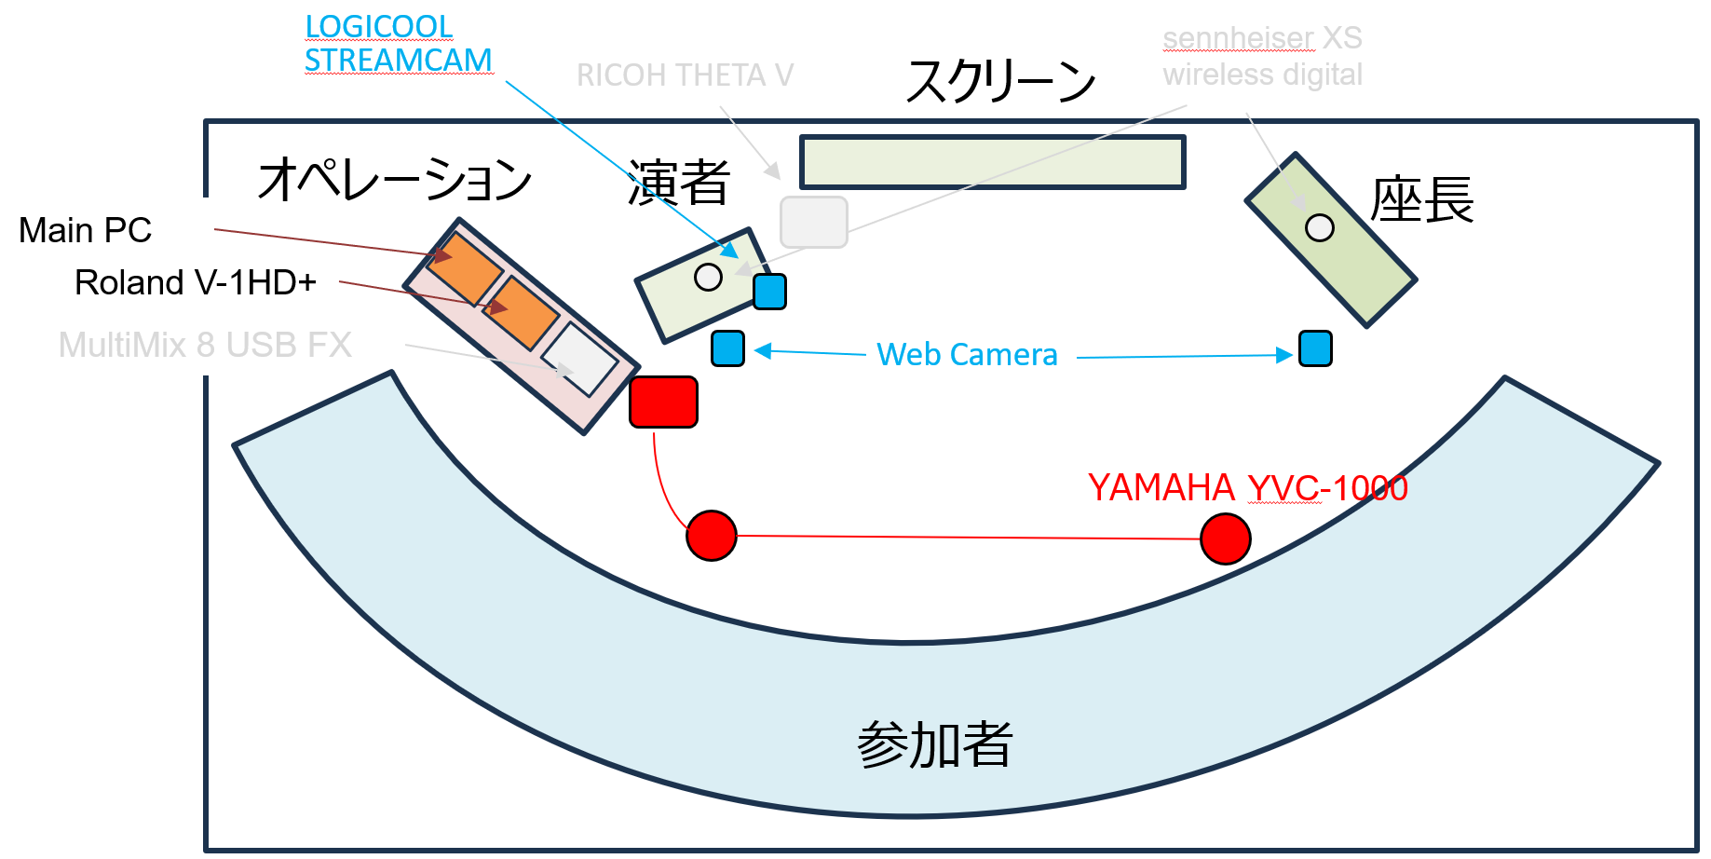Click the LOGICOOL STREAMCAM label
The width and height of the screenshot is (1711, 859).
[398, 44]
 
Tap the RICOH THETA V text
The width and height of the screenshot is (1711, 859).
[685, 75]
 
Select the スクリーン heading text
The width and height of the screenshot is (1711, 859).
[1000, 81]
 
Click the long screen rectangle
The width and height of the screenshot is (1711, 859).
[992, 162]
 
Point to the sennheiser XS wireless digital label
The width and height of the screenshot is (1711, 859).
[1262, 56]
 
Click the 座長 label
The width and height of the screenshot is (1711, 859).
[1421, 200]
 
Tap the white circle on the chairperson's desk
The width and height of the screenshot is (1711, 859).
[1320, 227]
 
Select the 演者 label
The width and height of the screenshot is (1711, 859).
[679, 182]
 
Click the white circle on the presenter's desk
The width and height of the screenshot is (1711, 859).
[709, 277]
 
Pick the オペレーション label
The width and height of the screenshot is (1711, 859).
[395, 180]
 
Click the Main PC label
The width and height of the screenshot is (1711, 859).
[85, 230]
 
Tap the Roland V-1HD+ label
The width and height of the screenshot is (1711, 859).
[196, 282]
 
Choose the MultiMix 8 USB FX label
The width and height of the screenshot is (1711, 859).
[205, 345]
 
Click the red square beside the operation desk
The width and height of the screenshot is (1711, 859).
[663, 402]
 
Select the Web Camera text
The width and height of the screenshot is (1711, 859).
[967, 355]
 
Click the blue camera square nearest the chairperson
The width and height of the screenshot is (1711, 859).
[1315, 348]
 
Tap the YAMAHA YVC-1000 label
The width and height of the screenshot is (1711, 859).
[1247, 488]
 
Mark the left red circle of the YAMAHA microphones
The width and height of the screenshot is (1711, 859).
[712, 536]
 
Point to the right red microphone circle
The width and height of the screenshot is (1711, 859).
[1226, 539]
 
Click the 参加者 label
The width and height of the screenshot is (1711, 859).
[934, 745]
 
